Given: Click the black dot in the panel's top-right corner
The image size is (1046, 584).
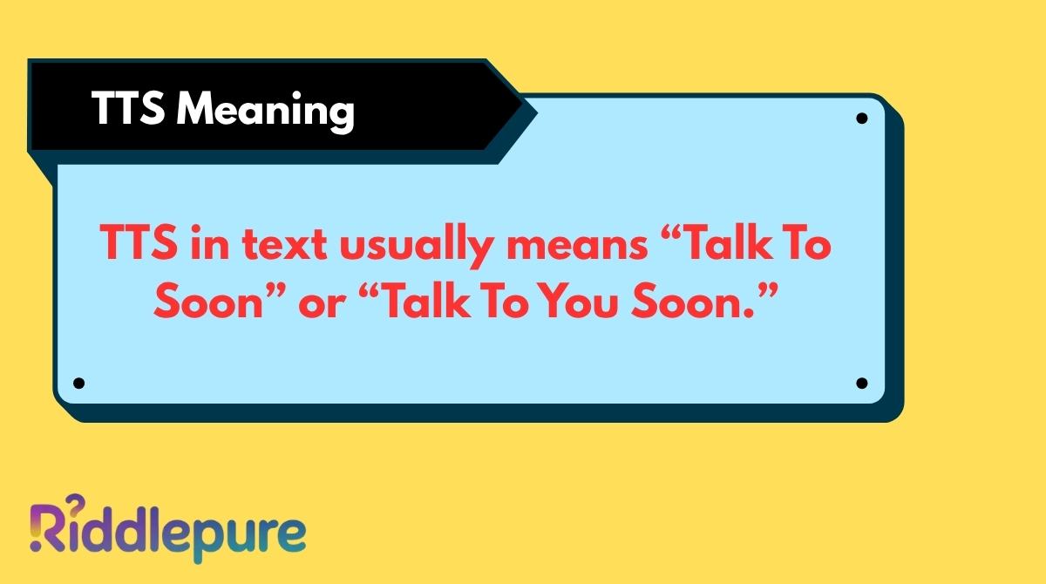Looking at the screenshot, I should point(861,119).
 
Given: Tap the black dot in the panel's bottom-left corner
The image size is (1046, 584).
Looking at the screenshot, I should point(79,383).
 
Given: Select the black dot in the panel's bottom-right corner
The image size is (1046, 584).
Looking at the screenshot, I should point(861,383).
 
